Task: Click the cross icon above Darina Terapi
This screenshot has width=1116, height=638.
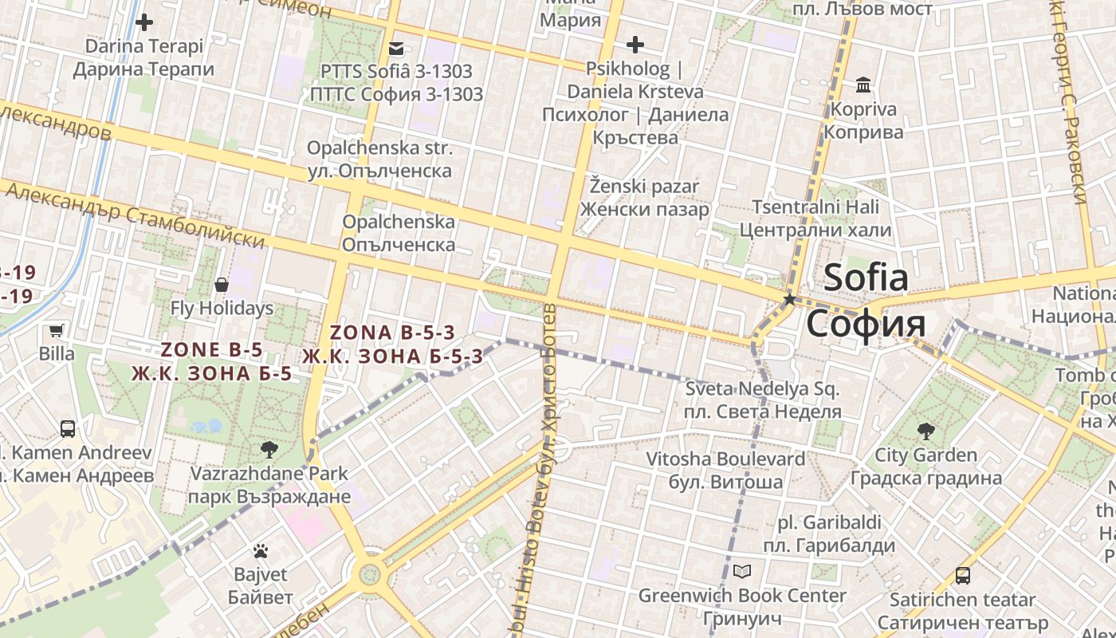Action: [x=144, y=22]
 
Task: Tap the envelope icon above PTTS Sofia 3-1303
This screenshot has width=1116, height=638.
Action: [x=396, y=49]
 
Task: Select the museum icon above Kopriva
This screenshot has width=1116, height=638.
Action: [x=863, y=85]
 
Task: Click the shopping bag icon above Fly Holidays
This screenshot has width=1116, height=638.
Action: [x=222, y=285]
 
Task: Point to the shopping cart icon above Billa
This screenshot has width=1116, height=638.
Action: [x=57, y=330]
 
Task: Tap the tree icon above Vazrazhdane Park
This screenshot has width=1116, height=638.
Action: [x=269, y=450]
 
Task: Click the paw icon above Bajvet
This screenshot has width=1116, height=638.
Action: [x=261, y=550]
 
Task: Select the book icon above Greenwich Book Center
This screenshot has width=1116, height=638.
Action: [x=742, y=572]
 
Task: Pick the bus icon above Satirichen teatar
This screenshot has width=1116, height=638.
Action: [x=963, y=576]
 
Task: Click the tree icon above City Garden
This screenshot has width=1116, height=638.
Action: [x=925, y=432]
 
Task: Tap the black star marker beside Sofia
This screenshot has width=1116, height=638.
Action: [x=790, y=300]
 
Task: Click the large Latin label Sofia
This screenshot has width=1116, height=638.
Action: [x=866, y=278]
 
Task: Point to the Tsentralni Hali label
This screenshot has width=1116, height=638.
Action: [x=815, y=207]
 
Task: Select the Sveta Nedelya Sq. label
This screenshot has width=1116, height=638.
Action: [x=762, y=389]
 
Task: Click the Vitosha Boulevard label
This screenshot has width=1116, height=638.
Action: [x=725, y=459]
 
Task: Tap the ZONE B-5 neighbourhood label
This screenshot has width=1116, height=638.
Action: [x=212, y=349]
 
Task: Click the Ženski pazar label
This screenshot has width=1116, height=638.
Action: [x=644, y=187]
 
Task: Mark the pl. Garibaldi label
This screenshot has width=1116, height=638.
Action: [x=829, y=523]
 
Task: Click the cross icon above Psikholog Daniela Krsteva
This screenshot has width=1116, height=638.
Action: [x=635, y=45]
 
